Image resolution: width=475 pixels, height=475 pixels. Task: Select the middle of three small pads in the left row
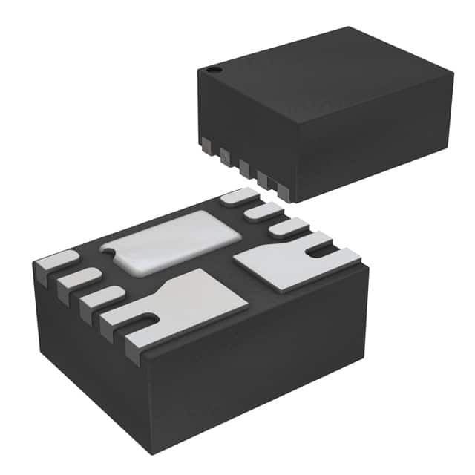(79, 279)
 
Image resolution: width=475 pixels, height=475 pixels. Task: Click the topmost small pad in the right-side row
(238, 197)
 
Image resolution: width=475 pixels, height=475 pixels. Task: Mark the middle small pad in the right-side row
(263, 212)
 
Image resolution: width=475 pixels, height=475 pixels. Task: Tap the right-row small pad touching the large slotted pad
(288, 228)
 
